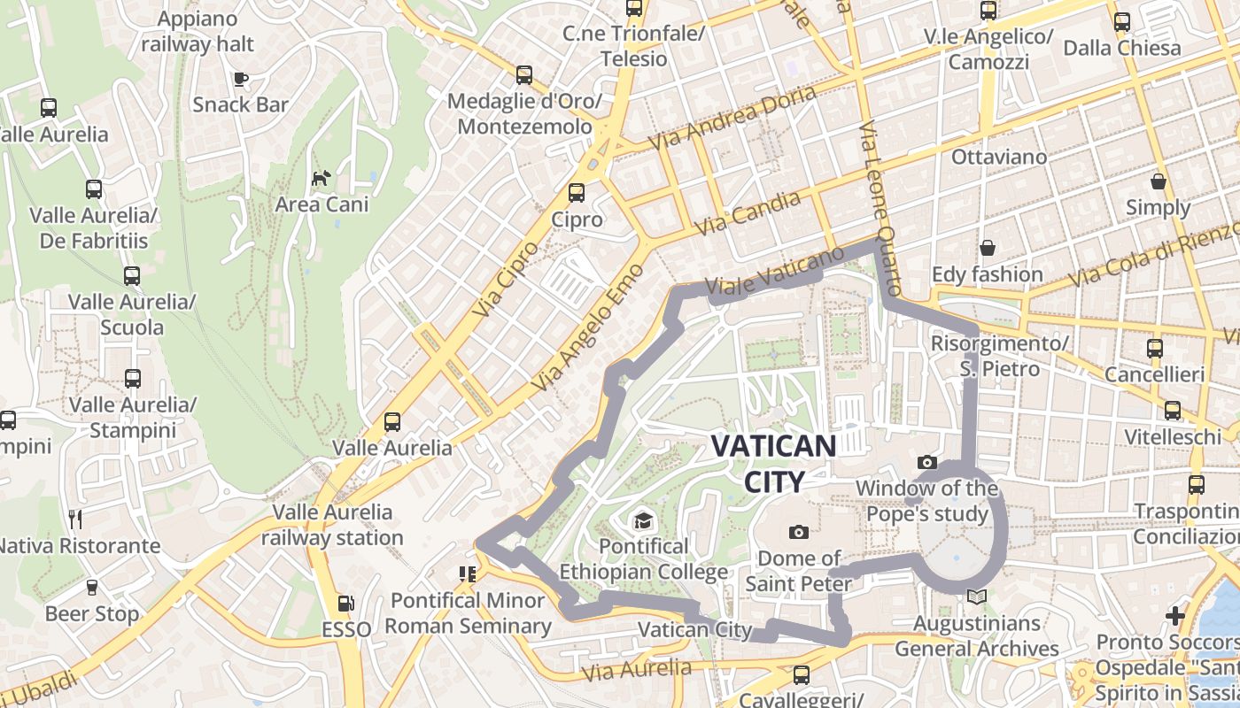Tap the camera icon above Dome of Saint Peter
point(799,532)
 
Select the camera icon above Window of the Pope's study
point(927,462)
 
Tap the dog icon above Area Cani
point(321,178)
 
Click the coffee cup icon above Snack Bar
point(240,79)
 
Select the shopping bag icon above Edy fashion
point(987,248)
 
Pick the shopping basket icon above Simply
point(1158,182)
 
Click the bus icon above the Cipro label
point(577,192)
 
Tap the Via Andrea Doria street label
point(732,118)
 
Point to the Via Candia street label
point(748,213)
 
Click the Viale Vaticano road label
point(776,271)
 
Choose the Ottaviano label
point(999,157)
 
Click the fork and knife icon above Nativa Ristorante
point(75,519)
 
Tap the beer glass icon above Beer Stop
point(91,588)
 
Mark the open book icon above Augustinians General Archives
point(976,597)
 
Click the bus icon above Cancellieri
point(1154,349)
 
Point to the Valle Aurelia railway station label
point(333,525)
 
